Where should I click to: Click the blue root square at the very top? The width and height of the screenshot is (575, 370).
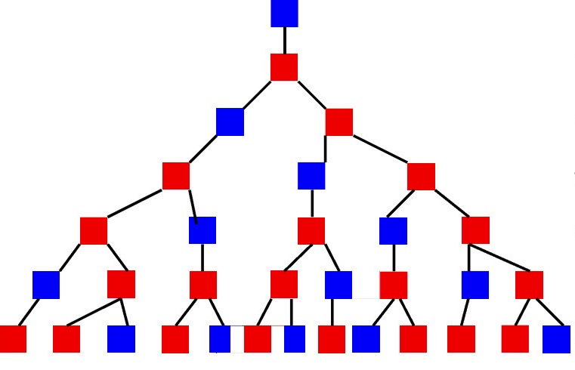284,13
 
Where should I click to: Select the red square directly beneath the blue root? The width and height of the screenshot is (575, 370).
284,67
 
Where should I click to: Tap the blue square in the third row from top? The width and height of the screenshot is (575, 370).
230,122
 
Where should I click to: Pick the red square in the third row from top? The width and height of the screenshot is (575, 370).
339,122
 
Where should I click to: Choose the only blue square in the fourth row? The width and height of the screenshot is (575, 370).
311,176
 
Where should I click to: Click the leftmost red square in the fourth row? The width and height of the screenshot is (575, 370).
176,176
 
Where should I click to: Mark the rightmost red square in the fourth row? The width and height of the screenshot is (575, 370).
421,176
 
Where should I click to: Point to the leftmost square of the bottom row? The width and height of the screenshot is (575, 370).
12,339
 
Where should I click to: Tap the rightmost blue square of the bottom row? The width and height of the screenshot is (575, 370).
556,339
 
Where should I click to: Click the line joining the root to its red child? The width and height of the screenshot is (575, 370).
284,40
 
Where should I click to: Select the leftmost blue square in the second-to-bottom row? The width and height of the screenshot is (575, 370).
46,285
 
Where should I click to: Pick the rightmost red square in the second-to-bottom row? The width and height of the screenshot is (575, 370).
529,285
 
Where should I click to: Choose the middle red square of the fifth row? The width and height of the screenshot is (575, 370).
311,230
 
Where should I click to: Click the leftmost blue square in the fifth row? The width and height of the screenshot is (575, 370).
202,230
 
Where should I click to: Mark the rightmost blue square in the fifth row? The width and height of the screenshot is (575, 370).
393,230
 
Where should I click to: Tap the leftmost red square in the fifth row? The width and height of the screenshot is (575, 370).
94,230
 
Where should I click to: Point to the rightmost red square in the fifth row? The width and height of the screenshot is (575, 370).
475,230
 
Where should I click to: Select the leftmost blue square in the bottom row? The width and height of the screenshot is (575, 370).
121,339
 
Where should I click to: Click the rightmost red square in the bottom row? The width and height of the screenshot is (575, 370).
515,339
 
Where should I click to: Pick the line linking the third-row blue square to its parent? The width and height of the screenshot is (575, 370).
257,94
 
